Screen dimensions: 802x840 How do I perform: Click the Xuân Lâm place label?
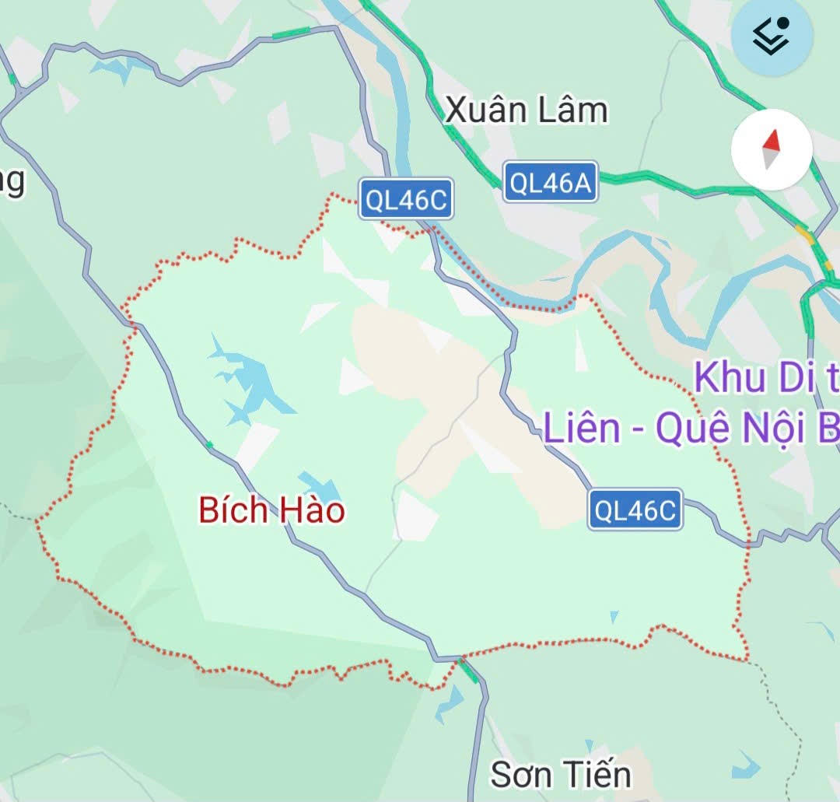click(526, 110)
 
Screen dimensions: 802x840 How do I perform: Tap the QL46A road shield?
click(550, 183)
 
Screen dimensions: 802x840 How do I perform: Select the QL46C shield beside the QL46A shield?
click(406, 200)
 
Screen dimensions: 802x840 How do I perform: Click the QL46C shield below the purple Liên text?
click(635, 510)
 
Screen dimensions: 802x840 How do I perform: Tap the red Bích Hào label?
click(271, 511)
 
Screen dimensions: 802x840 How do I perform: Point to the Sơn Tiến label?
click(561, 774)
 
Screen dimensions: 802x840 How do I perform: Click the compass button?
click(772, 150)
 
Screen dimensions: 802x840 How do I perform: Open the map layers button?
click(772, 37)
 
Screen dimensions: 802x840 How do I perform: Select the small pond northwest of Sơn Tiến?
click(449, 705)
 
